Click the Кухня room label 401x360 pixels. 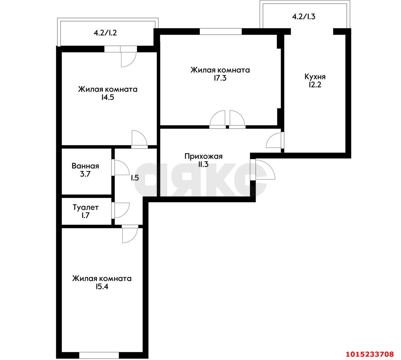[315, 77]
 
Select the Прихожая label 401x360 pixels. [203, 156]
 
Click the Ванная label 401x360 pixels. [85, 166]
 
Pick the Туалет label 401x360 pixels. [86, 207]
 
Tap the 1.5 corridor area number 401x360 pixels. [135, 178]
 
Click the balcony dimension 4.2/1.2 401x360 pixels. [105, 33]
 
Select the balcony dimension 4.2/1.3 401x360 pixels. [304, 17]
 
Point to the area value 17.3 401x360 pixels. [220, 78]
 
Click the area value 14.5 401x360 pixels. [107, 98]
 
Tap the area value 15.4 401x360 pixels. [102, 287]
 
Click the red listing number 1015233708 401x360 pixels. [370, 354]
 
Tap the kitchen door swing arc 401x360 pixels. [273, 140]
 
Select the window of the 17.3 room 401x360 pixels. [221, 31]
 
